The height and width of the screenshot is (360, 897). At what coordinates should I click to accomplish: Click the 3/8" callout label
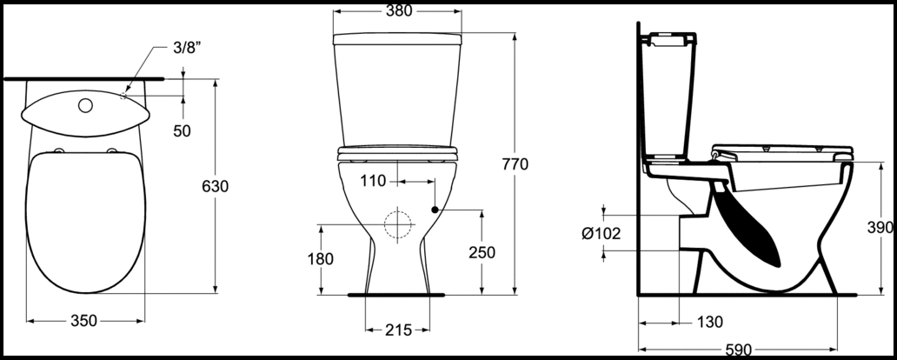tap(188, 48)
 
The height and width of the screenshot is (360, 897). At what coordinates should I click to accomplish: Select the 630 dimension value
tap(215, 187)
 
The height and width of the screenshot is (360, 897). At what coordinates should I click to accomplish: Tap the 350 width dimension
tap(84, 321)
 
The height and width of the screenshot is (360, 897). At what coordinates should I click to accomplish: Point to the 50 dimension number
tap(182, 131)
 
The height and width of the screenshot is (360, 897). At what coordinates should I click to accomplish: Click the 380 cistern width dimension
tap(399, 11)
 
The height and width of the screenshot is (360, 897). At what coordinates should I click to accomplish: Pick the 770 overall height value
tap(515, 164)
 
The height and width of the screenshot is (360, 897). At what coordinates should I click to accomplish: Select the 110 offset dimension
tap(373, 182)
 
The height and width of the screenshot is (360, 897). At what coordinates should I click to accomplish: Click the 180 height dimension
tap(321, 259)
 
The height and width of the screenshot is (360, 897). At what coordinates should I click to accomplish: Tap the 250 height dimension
tap(482, 252)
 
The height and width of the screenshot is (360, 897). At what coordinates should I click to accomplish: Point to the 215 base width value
tap(398, 330)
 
